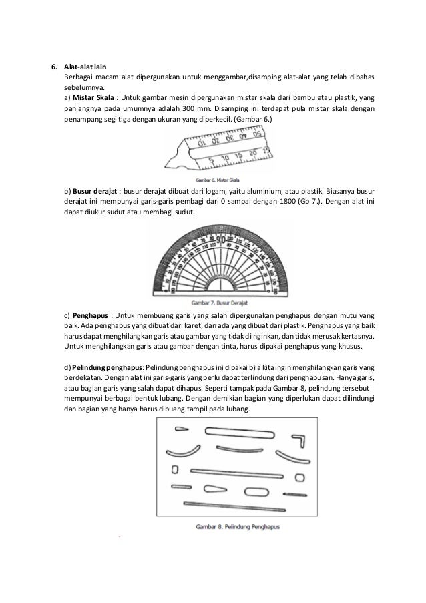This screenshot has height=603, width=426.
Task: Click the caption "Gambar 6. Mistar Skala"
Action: click(x=218, y=180)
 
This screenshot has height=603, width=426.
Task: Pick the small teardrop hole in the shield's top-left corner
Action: click(x=181, y=429)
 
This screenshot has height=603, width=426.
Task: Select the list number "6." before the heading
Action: click(x=56, y=67)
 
